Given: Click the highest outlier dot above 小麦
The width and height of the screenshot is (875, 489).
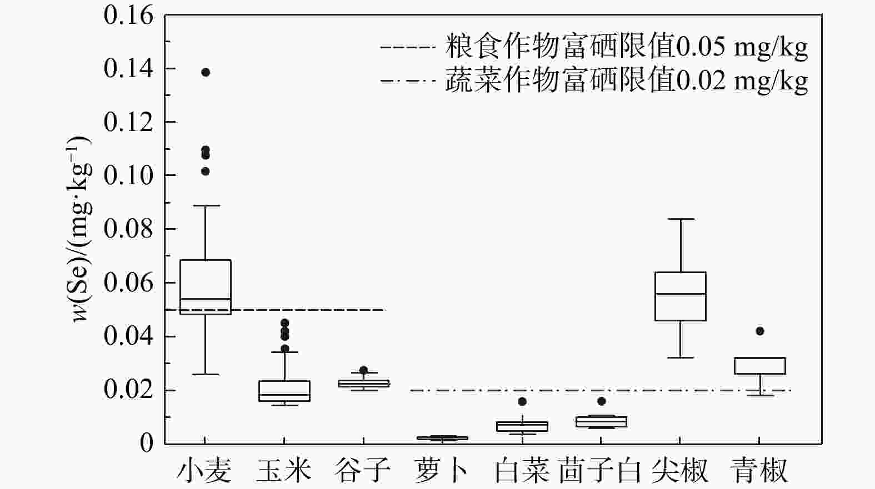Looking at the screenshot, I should click(206, 72).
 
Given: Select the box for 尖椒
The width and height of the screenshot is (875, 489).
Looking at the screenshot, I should click(680, 296).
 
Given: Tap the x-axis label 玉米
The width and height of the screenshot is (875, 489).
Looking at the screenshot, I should click(284, 471).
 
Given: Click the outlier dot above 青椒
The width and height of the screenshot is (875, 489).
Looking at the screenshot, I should click(760, 331).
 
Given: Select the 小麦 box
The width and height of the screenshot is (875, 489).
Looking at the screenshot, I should click(206, 286).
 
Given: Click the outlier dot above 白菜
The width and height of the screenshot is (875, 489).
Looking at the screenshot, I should click(522, 401).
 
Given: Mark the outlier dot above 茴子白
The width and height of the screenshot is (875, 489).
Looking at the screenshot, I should click(602, 401).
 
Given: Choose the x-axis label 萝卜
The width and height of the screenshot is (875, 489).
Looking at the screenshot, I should click(442, 471).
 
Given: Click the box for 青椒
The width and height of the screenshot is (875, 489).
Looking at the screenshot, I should click(759, 366).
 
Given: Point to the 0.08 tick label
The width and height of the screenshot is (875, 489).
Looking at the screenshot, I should click(128, 229).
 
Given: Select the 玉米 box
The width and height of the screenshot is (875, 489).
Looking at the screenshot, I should click(284, 391).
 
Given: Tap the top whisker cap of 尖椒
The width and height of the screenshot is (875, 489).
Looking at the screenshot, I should click(680, 219).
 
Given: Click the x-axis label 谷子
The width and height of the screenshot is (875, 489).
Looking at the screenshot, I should click(363, 471).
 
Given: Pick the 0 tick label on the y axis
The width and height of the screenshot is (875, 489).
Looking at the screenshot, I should click(146, 443).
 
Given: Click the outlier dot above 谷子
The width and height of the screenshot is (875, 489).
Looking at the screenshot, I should click(364, 370).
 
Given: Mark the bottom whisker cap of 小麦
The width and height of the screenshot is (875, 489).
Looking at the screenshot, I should click(206, 374).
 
